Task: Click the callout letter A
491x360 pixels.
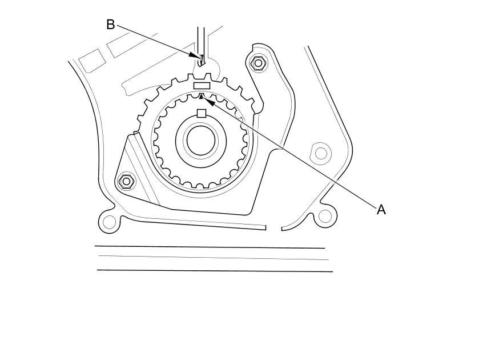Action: pos(381,210)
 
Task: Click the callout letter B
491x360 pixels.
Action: pos(111,25)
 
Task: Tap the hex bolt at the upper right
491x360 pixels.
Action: pos(259,62)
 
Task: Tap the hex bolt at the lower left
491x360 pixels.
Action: pos(127,182)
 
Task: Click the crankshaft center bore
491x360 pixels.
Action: pos(201,141)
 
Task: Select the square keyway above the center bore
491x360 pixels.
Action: pos(201,113)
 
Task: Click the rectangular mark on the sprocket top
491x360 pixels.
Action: pos(202,86)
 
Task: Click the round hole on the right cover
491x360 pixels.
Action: pos(321,153)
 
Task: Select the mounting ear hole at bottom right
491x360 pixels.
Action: pos(324,216)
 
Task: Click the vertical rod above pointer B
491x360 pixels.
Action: pos(201,40)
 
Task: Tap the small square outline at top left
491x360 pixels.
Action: pos(91,61)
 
